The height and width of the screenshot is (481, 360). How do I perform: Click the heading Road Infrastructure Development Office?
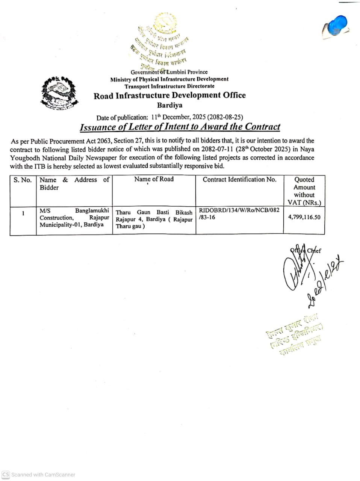(x=169, y=95)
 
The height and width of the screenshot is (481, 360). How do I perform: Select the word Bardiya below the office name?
(x=169, y=106)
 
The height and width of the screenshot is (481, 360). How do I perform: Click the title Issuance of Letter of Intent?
(x=180, y=127)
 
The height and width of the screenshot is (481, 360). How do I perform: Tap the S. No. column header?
(x=23, y=180)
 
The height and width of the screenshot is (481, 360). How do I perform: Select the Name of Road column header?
(x=154, y=179)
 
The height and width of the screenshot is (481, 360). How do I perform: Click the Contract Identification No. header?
(x=239, y=180)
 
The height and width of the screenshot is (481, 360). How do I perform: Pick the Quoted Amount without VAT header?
(x=304, y=191)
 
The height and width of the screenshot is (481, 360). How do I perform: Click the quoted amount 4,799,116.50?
(x=304, y=217)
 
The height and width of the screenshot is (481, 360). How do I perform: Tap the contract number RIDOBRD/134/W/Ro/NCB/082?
(x=239, y=210)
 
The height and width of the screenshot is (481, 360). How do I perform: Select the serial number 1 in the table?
(x=23, y=213)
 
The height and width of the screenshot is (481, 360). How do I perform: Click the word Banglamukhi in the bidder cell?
(x=92, y=211)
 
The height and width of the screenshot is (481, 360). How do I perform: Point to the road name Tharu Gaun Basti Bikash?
(x=154, y=213)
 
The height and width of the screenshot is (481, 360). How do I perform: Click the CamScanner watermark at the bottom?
(x=39, y=475)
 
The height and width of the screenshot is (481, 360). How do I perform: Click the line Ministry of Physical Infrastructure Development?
(x=169, y=79)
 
